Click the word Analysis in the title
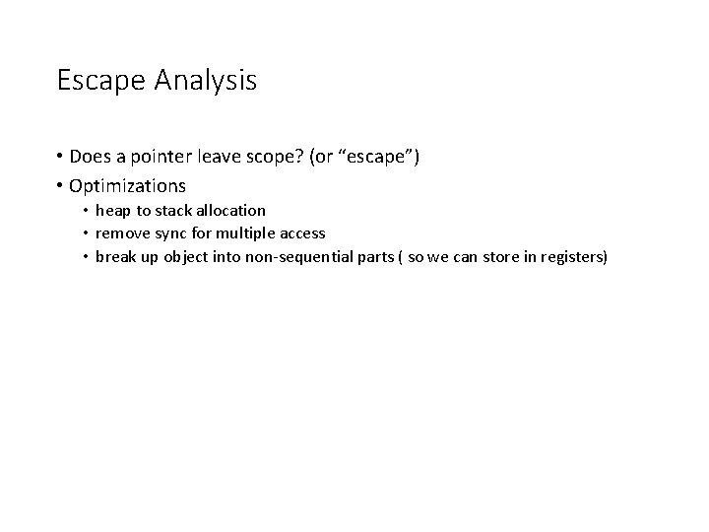pos(205,81)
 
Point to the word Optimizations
pos(127,185)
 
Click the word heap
pos(112,210)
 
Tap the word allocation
pos(226,210)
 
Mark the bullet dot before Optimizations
pos(61,185)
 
